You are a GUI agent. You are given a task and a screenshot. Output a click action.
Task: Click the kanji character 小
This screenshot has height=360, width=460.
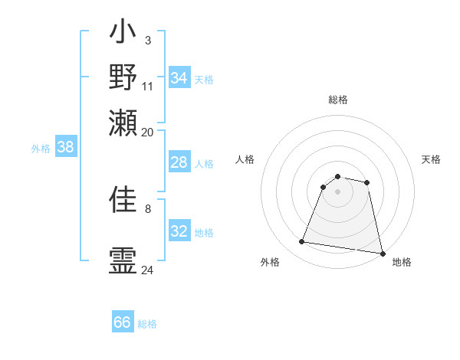point(123,35)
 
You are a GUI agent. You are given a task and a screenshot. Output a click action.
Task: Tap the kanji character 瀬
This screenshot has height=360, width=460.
point(123,123)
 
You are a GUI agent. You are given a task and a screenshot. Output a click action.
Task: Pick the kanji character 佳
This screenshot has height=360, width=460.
point(123,200)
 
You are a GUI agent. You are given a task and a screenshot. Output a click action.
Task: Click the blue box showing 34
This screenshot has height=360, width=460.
point(179,78)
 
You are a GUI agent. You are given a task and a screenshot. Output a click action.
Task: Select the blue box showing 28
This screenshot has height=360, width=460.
point(179,162)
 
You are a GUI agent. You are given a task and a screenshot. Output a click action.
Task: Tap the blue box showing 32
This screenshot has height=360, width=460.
point(179,231)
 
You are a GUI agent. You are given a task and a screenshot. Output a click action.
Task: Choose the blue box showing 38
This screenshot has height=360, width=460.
point(65,148)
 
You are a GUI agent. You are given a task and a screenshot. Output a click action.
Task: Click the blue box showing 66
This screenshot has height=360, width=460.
point(123,322)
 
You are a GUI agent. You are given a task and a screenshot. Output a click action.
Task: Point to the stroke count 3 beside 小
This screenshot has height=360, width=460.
point(147,40)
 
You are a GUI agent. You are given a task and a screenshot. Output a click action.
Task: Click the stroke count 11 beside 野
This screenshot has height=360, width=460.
point(148,86)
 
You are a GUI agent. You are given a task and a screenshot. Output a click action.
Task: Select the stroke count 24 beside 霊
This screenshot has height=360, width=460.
point(147,270)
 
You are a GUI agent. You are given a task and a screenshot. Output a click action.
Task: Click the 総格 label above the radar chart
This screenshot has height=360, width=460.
point(338,100)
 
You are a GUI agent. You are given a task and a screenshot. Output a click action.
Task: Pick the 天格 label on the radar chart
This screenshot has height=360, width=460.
point(431,159)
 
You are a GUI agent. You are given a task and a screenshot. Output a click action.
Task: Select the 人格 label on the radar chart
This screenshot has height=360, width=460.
point(245,159)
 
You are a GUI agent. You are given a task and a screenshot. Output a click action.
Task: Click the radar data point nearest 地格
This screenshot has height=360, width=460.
point(382,252)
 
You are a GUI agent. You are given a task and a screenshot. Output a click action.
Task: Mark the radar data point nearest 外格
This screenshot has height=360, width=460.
point(301,242)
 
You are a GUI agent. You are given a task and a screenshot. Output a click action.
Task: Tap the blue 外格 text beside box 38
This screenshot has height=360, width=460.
point(41,149)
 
